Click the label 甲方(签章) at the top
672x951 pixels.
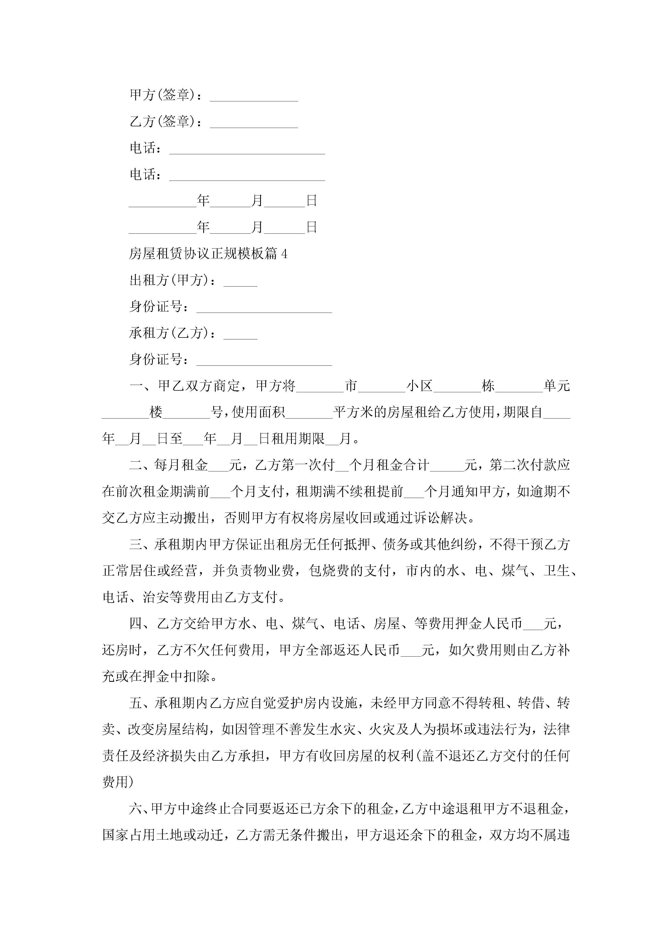click(162, 95)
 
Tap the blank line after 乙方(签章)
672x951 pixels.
click(254, 123)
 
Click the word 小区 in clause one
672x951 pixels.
click(419, 386)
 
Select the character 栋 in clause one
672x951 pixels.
click(488, 386)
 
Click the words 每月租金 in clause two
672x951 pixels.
click(181, 465)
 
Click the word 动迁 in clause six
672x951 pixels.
click(210, 835)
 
